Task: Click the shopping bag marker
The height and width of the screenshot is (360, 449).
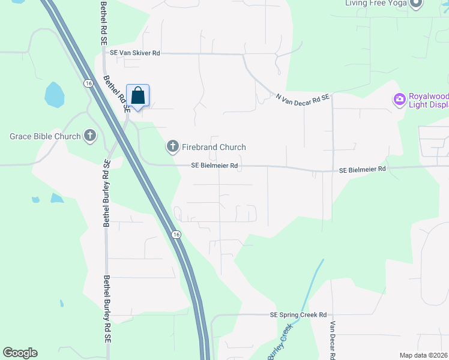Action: [137, 96]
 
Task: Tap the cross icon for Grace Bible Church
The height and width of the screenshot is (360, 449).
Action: [90, 136]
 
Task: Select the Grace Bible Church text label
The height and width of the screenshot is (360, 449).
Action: [45, 136]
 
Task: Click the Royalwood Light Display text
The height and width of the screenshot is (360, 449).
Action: [428, 100]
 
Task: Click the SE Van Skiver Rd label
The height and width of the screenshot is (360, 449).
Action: [134, 53]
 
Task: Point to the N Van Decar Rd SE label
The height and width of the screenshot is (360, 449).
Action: [303, 97]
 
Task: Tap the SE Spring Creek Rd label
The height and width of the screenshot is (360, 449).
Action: [298, 314]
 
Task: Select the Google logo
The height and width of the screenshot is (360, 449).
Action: [20, 353]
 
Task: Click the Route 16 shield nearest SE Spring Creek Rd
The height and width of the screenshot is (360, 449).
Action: [175, 233]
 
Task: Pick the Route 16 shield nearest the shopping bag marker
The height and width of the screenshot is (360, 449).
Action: [88, 83]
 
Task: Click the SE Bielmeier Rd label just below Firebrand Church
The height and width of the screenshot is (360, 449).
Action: [215, 166]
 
